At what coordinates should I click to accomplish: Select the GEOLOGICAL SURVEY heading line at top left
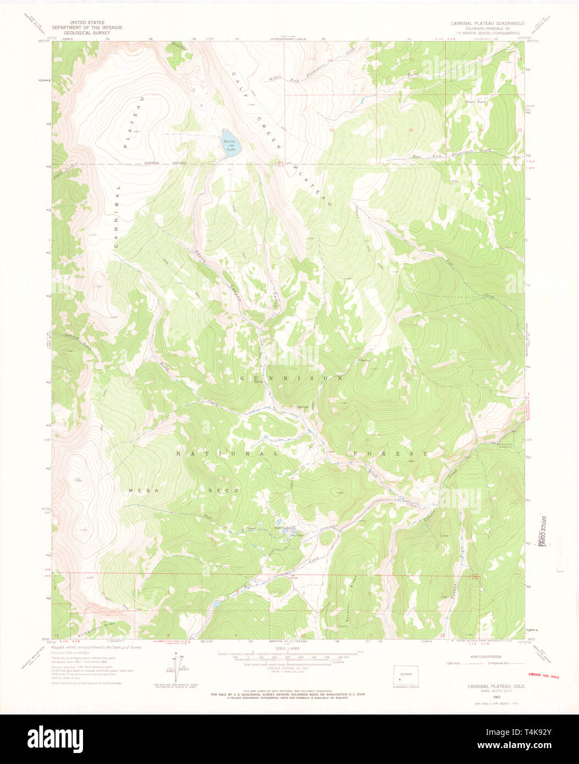[87, 32]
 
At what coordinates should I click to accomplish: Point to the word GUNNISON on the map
[291, 379]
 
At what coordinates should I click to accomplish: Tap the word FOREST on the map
[390, 453]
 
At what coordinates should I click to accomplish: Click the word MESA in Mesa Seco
[139, 490]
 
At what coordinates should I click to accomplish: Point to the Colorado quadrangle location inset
[406, 676]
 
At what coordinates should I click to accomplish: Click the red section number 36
[410, 130]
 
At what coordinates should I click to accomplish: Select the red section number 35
[330, 130]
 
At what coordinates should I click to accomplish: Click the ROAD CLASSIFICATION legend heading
[485, 657]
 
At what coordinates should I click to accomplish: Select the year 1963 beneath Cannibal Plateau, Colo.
[487, 692]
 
